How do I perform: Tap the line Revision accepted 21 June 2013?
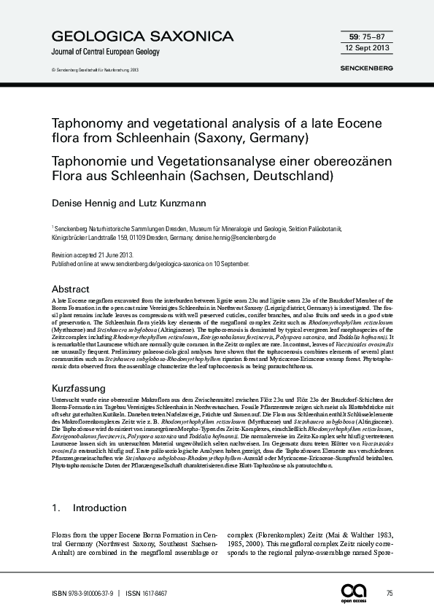92,256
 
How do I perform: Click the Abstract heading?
71,289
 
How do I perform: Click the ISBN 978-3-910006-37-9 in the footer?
82,593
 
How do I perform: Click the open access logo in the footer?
357,592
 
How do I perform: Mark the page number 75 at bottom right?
390,593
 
